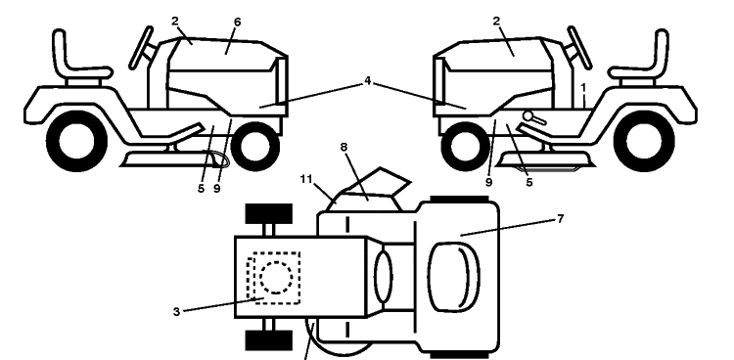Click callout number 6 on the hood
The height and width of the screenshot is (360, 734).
pos(238,22)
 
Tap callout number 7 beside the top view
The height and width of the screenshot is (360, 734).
pos(561,218)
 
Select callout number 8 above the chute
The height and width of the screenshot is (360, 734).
pos(344,147)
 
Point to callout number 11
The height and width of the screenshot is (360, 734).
pos(306,179)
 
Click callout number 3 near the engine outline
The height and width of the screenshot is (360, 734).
pos(176,312)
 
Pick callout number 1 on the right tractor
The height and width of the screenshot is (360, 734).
pos(583,87)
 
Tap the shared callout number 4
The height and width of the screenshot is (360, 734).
pos(367,81)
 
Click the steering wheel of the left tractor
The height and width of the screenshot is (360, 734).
pos(141,47)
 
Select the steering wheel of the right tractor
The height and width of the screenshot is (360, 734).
pos(579,47)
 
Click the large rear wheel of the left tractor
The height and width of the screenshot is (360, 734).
pos(77,141)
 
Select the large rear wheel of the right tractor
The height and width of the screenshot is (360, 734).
pos(644,141)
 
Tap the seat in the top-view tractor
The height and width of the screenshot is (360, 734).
pos(453,277)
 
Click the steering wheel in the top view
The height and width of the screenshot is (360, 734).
pos(384,277)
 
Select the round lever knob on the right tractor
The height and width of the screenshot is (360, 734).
pos(528,115)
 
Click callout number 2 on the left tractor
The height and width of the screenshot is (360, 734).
pos(175,21)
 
